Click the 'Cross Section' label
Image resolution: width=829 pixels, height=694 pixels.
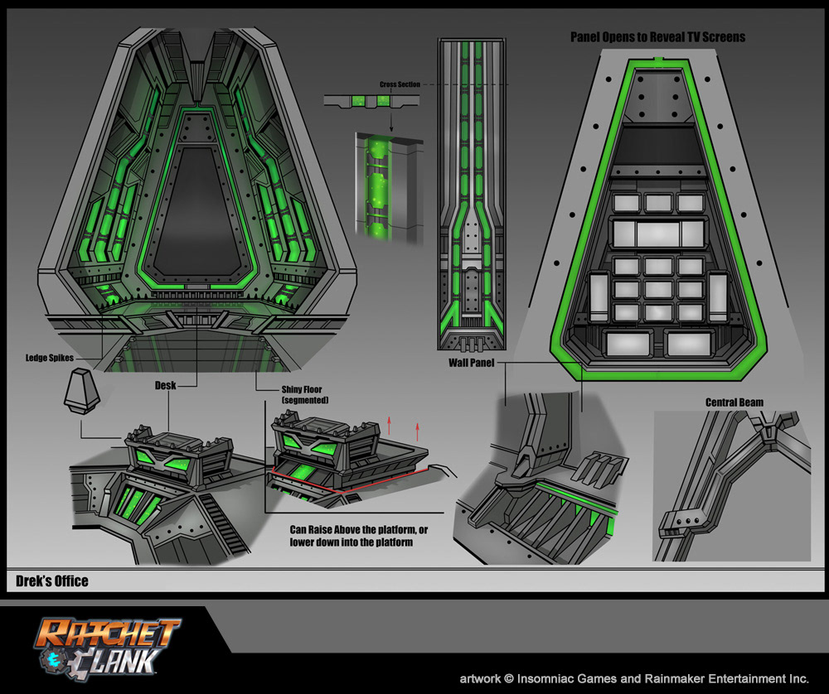pyautogui.click(x=400, y=84)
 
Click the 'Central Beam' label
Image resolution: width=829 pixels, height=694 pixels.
pyautogui.click(x=734, y=403)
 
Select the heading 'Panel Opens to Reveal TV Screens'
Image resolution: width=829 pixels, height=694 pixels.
pyautogui.click(x=657, y=37)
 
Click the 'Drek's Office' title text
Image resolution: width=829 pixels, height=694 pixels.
pyautogui.click(x=52, y=581)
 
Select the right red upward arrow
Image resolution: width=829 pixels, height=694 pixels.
pyautogui.click(x=418, y=431)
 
